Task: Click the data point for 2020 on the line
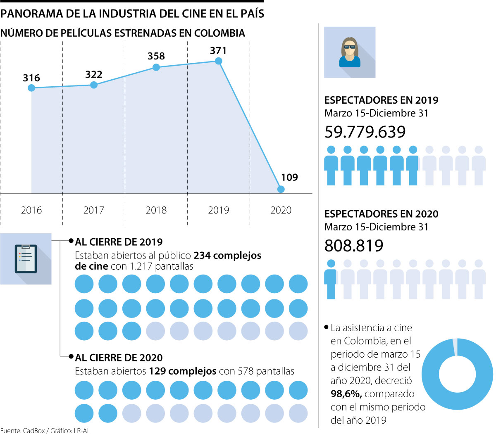[281, 189]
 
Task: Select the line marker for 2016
[31, 88]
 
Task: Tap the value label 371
[218, 51]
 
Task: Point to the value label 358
[156, 56]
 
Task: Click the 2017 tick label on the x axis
[94, 210]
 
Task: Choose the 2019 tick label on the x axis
[218, 210]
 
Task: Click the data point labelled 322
[94, 85]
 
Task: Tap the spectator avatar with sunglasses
[350, 52]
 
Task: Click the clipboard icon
[26, 259]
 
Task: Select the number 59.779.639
[365, 132]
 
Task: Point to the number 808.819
[354, 246]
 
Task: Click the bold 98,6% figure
[346, 394]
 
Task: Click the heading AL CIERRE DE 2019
[119, 242]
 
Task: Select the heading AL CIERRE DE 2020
[119, 358]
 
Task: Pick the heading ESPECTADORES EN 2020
[381, 214]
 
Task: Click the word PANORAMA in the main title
[31, 14]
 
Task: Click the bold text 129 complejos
[183, 371]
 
